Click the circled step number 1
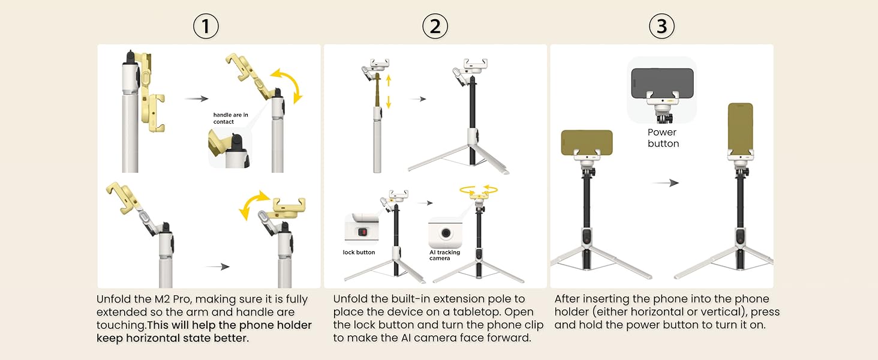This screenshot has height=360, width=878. (x=206, y=26)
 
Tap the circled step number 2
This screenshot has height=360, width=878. (x=435, y=26)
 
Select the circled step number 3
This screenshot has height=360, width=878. (x=661, y=26)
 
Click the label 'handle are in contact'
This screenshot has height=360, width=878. (x=231, y=118)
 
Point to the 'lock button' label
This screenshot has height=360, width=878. (x=359, y=253)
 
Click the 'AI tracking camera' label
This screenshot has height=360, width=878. (x=445, y=255)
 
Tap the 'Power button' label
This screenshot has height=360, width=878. (x=663, y=138)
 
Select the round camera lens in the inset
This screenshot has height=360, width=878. (x=445, y=233)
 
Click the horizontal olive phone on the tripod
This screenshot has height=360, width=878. (x=587, y=142)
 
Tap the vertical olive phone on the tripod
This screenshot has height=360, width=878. (x=740, y=127)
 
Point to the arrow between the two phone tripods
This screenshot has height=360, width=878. (x=665, y=183)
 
